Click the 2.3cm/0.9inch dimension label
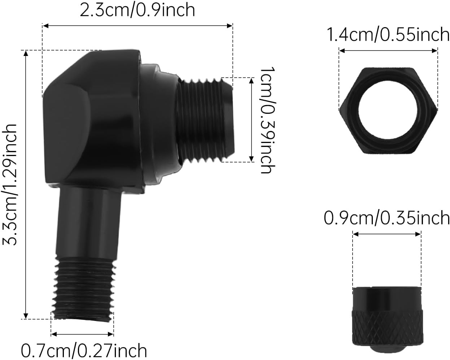pos(137,10)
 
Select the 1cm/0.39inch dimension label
pos(268,120)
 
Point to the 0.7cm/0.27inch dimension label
pos(84,350)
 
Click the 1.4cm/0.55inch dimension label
pos(388,35)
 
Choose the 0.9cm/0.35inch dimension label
pos(386,218)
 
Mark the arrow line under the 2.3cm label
pos(137,26)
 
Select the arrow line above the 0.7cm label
pos(82,333)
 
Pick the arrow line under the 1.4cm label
pos(388,51)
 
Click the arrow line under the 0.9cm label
pos(387,234)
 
